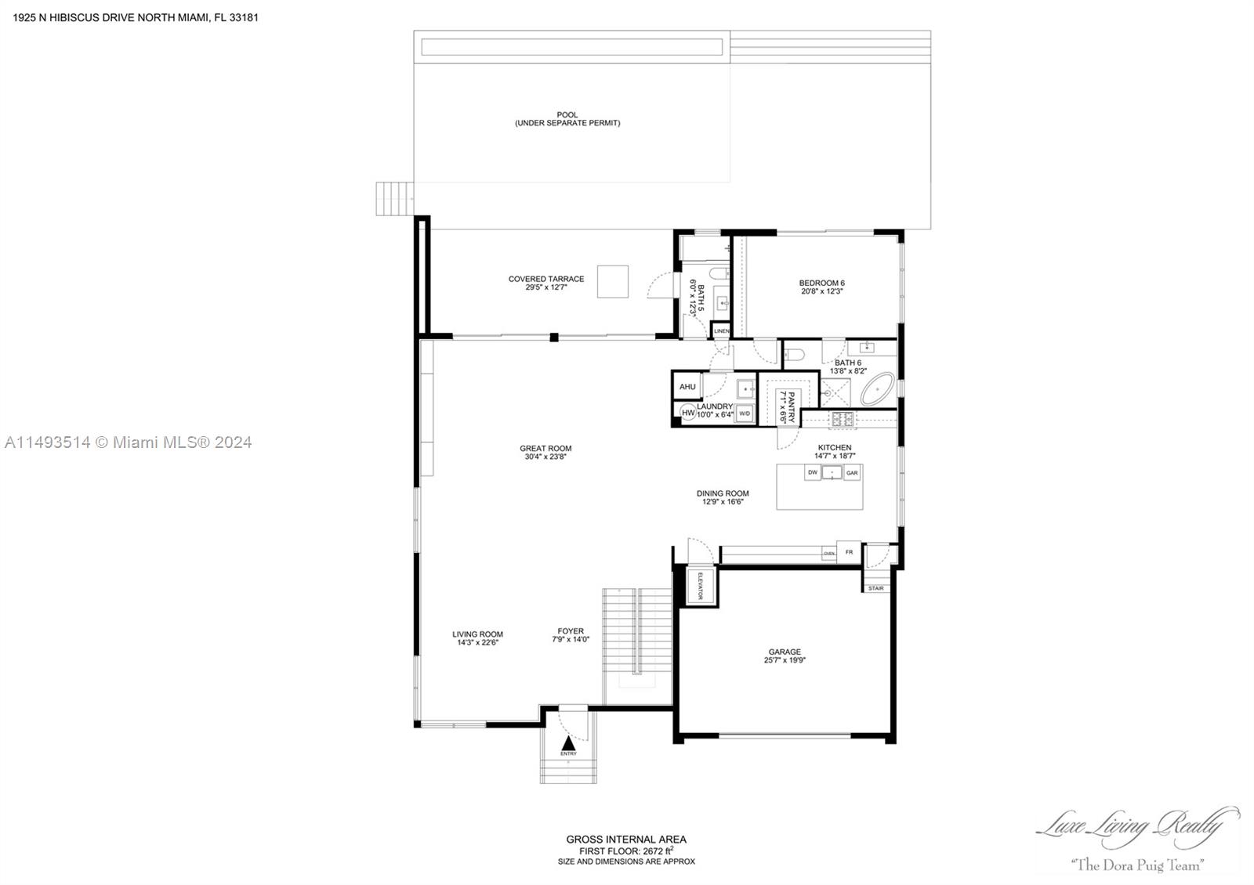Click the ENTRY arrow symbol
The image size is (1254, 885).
[568, 742]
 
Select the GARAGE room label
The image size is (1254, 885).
[785, 652]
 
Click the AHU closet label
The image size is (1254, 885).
[687, 387]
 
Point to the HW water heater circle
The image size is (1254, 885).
[687, 412]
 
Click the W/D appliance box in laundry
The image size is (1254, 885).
[745, 413]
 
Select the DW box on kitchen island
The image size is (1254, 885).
[813, 472]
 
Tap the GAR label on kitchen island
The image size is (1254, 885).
[852, 473]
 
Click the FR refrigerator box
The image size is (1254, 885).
[849, 552]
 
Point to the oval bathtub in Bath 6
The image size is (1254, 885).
[878, 389]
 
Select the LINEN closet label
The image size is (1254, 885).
[721, 331]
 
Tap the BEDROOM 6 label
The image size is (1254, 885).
[821, 283]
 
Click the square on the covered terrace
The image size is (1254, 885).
[613, 281]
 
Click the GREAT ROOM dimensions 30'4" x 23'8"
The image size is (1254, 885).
[545, 457]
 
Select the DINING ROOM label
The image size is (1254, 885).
[723, 493]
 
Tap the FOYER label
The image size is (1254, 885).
[571, 631]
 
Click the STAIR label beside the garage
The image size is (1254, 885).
[876, 588]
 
